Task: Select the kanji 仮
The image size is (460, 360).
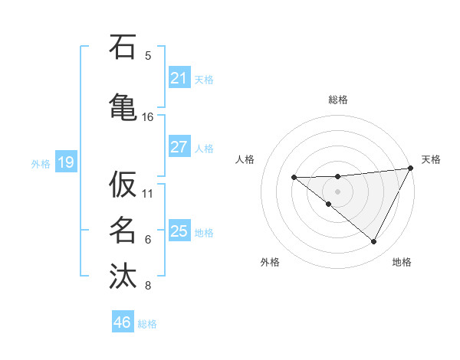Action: pos(123,185)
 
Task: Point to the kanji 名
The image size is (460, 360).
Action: pos(123,229)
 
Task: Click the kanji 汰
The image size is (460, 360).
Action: pos(123,275)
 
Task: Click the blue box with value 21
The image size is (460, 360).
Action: pos(179,78)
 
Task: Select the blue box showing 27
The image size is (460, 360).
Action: pos(179,147)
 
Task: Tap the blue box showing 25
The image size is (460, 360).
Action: pos(179,231)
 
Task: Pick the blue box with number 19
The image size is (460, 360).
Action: pos(65,162)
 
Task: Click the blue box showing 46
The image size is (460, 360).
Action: pos(122,322)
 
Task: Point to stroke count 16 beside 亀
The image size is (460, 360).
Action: pos(148,117)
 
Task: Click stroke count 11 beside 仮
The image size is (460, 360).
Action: pos(148,192)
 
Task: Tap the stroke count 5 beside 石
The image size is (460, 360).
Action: pos(148,55)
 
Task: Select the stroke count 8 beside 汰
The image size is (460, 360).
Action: pos(148,286)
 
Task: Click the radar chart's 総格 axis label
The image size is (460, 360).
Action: pos(338,100)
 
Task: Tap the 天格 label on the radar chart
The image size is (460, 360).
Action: pos(431,159)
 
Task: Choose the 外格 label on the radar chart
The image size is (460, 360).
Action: pos(270,262)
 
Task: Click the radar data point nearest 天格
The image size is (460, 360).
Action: pos(411,169)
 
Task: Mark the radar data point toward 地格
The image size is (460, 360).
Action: pos(374,242)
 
